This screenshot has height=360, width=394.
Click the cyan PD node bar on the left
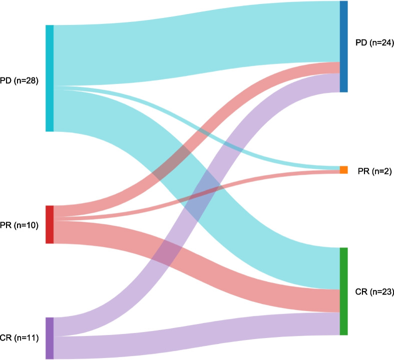[x=49, y=78]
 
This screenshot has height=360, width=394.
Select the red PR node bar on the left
[x=49, y=224]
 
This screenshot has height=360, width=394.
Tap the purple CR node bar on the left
[x=49, y=338]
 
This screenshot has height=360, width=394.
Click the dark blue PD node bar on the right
[x=343, y=46]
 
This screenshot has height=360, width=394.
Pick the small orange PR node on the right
[x=343, y=170]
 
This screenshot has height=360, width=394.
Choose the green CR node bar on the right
[x=343, y=291]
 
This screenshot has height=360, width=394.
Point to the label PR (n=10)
[x=21, y=225]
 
